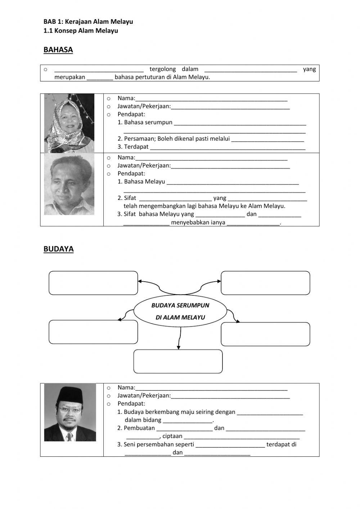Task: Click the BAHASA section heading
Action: (x=58, y=50)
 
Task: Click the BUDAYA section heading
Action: (x=58, y=249)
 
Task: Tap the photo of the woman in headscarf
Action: (x=69, y=123)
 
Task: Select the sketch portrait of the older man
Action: (x=69, y=184)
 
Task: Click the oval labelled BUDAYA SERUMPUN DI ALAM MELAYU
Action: (x=180, y=311)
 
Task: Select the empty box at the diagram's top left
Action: (x=93, y=283)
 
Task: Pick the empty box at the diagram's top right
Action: (x=265, y=283)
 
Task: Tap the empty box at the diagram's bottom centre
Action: (x=178, y=361)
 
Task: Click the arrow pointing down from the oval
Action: (x=179, y=339)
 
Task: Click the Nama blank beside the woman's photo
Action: (x=211, y=98)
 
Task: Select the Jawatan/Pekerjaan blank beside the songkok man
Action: (x=230, y=396)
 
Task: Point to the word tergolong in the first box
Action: (x=162, y=69)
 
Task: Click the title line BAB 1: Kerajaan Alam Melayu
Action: (x=88, y=22)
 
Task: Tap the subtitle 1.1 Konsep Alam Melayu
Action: (x=81, y=31)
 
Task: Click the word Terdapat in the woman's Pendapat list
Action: (x=136, y=147)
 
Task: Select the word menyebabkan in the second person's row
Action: (x=188, y=223)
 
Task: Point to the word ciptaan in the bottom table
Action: (x=172, y=436)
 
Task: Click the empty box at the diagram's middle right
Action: (x=265, y=334)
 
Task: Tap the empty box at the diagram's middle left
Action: (x=93, y=332)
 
